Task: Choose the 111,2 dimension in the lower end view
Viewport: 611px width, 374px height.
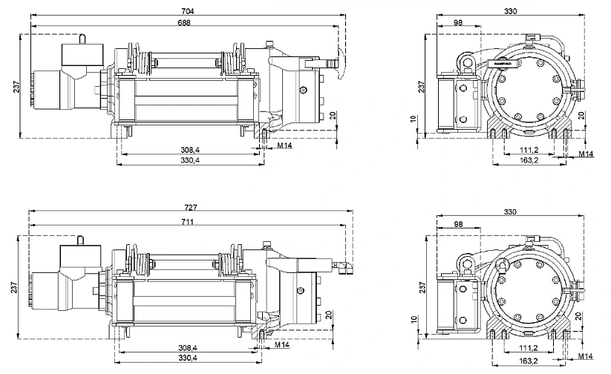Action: [x=528, y=347]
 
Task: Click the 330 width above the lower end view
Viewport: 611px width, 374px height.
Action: [x=510, y=212]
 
